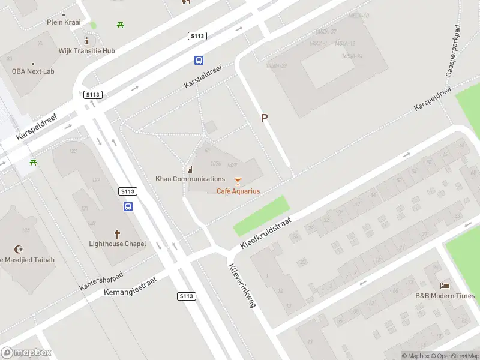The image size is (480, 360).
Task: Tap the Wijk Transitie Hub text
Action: [86, 51]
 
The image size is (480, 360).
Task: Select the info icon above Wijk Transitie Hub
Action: [87, 41]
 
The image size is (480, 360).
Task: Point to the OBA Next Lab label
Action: [33, 71]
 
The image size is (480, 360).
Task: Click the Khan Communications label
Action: [190, 179]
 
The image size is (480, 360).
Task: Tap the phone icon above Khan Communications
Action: [190, 169]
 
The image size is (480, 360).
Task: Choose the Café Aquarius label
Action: [238, 191]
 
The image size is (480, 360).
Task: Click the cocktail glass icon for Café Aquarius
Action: [238, 181]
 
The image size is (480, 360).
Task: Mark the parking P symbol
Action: [264, 118]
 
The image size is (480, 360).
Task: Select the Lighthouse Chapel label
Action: [118, 244]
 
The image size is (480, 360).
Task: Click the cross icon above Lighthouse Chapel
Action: [118, 233]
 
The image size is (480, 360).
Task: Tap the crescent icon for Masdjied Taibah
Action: [18, 250]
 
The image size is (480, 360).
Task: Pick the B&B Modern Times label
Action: [445, 296]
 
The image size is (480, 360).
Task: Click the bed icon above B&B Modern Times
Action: [445, 286]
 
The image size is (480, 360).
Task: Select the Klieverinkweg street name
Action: [242, 286]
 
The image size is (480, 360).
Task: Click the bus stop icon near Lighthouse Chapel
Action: [128, 206]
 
